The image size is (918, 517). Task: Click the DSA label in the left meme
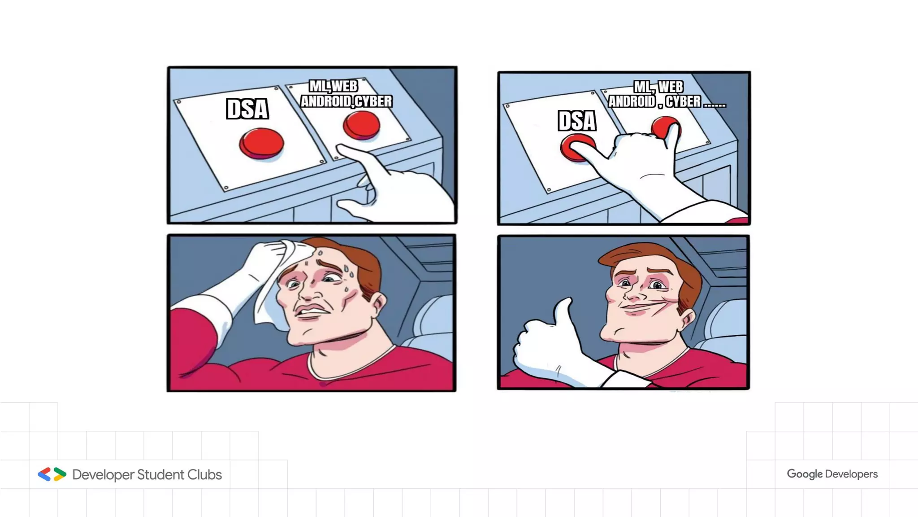click(247, 109)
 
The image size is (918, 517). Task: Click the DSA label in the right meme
click(577, 121)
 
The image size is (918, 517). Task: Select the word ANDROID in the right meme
click(632, 101)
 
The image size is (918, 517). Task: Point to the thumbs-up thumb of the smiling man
click(564, 316)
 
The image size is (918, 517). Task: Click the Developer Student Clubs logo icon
click(52, 474)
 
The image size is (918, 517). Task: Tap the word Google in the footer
click(805, 474)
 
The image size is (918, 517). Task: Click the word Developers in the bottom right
click(851, 474)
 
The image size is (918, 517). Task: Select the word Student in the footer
click(160, 474)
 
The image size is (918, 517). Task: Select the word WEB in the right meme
click(671, 87)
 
